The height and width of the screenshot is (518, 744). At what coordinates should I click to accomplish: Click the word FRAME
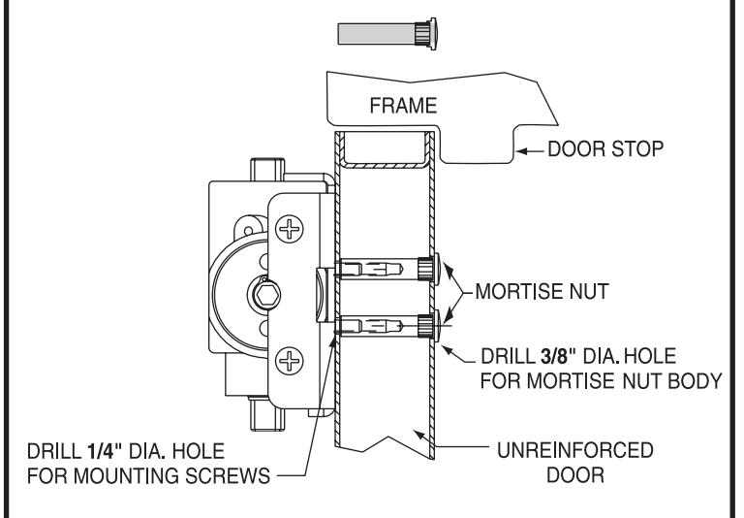tap(403, 106)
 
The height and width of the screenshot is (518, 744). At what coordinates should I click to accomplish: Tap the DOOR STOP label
tap(605, 149)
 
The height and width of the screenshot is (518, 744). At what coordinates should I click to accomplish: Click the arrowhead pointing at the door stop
tap(522, 151)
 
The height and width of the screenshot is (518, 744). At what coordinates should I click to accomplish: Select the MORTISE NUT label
tap(542, 291)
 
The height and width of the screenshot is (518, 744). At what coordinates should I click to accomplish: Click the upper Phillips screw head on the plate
tap(290, 230)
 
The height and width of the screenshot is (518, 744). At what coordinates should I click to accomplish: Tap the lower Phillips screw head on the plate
tap(290, 360)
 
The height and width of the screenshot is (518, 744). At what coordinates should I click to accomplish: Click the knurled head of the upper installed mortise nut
tap(427, 269)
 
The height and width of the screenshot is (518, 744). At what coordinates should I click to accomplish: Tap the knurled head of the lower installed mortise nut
tap(427, 326)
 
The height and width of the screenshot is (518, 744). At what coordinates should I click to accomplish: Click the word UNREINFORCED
tap(575, 450)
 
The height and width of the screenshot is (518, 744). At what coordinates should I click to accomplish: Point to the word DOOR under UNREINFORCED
tap(575, 475)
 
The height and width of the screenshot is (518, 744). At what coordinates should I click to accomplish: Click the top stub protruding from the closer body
tap(267, 169)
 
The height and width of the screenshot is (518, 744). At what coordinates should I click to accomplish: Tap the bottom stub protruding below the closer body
tap(267, 414)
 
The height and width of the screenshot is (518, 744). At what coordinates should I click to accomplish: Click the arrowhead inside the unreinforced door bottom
tap(418, 434)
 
